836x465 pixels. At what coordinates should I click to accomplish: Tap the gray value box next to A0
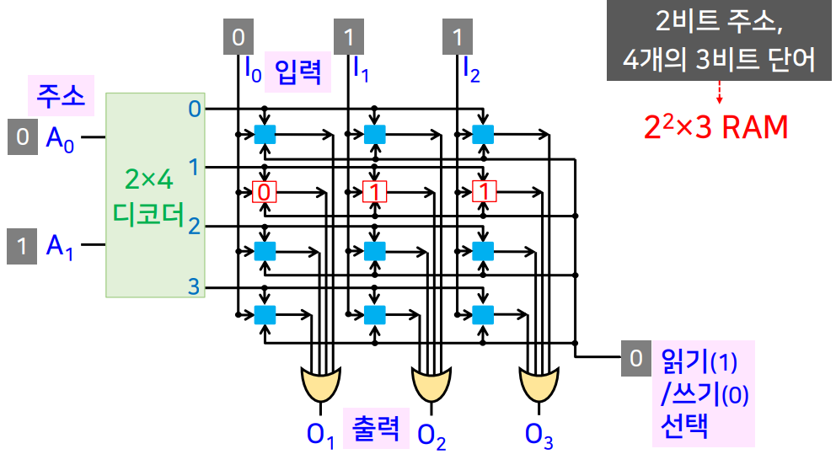(20, 137)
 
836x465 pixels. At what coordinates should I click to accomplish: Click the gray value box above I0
(238, 38)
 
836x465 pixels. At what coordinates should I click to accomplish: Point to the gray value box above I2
(458, 38)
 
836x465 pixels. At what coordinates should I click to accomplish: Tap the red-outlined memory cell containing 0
(265, 192)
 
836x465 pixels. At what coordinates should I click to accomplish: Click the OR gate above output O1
(319, 384)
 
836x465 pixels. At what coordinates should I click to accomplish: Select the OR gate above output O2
(430, 384)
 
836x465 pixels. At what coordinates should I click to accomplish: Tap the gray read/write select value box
(635, 359)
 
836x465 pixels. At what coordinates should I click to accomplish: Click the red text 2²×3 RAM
(715, 127)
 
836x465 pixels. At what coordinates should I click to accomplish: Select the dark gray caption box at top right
(719, 40)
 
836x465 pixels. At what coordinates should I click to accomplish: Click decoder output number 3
(194, 286)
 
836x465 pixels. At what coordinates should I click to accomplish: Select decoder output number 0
(194, 109)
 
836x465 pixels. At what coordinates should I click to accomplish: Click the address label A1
(60, 246)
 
